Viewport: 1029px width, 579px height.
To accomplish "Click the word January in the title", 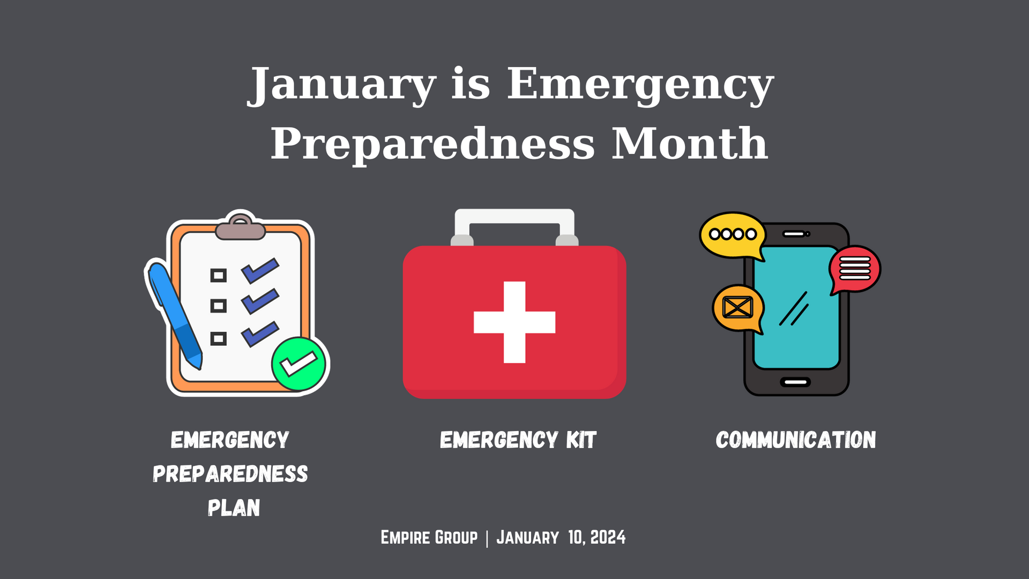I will pos(341,85).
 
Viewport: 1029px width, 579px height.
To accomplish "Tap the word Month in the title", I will pos(690,144).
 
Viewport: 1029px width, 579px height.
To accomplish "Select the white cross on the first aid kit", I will pos(514,322).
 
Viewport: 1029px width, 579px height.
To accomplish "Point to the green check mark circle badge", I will pos(299,364).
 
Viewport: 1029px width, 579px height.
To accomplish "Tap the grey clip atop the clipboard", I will pos(241,228).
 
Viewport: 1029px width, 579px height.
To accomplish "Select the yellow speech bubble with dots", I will pos(733,235).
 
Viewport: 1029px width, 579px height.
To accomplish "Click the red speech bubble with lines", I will pos(855,269).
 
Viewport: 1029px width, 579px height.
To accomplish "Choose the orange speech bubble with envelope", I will pos(738,308).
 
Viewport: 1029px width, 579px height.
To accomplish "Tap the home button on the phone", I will pos(796,382).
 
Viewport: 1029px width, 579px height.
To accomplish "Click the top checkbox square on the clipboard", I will pos(218,276).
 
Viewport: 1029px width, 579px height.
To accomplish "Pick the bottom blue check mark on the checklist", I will pos(260,333).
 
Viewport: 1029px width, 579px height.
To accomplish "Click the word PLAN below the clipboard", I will pos(234,508).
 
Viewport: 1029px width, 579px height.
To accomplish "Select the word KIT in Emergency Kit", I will pos(581,440).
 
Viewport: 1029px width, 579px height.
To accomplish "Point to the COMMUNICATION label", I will pos(796,440).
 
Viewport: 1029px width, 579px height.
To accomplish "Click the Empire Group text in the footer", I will pos(429,537).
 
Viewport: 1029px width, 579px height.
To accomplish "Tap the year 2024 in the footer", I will pos(608,537).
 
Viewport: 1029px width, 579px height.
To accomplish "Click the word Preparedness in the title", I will pos(433,144).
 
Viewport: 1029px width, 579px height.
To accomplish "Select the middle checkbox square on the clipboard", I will pos(218,306).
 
